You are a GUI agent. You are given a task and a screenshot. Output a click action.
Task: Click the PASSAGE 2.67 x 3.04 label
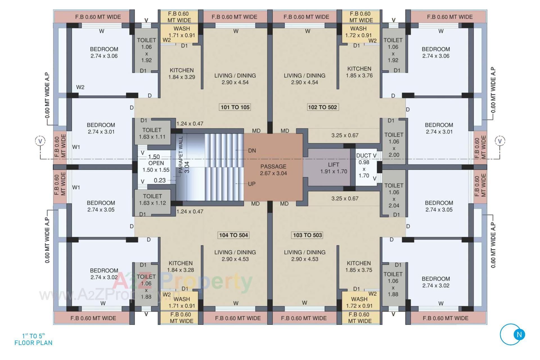coord(273,170)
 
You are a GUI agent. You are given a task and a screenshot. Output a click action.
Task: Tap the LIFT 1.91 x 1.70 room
coord(333,168)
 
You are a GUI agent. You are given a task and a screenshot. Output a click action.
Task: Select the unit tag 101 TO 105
coord(235,107)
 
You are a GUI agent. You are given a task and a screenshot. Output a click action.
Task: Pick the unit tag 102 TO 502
coord(322,107)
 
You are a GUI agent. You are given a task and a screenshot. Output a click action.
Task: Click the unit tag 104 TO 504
coord(233,235)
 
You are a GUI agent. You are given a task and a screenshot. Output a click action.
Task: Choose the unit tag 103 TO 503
coord(307,235)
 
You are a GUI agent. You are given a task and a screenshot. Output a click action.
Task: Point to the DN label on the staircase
coord(252,151)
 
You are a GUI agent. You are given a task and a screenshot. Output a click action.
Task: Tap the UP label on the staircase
coord(251,184)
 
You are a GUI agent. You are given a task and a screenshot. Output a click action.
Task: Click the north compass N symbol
coord(519,335)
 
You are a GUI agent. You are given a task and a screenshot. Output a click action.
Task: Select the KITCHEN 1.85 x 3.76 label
coord(359,72)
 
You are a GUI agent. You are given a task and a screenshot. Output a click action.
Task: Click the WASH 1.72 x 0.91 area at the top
coord(358,32)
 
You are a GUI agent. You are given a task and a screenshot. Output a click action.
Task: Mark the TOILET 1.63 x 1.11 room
coord(152,133)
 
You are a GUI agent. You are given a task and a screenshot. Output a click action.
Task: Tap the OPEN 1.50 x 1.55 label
coord(156,166)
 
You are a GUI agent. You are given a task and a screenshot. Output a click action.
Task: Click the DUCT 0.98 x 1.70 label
coord(364,166)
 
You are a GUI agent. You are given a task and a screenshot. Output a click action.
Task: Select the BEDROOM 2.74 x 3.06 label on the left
coord(104,52)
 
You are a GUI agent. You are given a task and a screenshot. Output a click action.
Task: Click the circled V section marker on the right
coord(500,141)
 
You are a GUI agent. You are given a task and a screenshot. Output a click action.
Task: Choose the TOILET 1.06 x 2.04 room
coord(393,195)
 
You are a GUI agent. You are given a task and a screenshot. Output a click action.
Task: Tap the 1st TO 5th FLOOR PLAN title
coord(33,339)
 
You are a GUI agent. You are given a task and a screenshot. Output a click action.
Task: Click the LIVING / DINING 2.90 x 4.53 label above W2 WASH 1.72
coord(305,256)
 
